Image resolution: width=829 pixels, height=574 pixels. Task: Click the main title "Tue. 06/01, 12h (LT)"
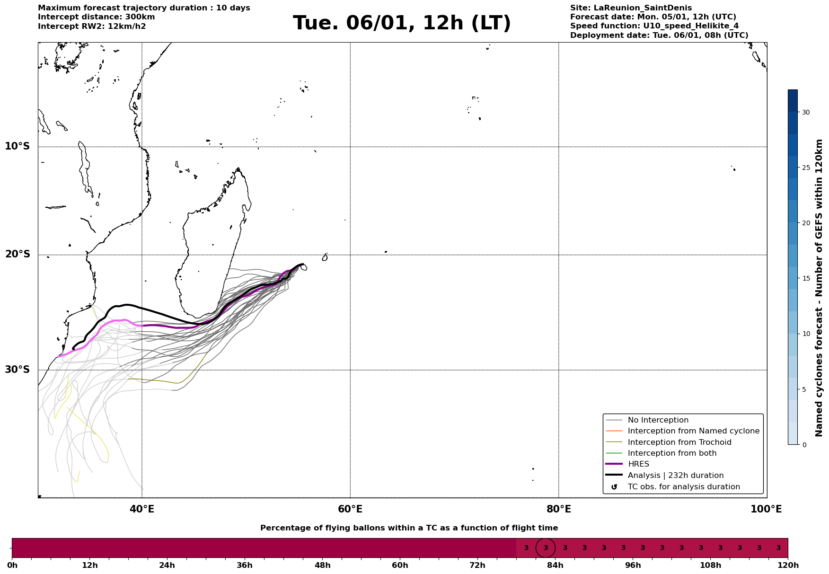[402, 23]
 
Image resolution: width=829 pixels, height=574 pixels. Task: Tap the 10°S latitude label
[18, 146]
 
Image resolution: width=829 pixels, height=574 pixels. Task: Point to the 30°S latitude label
[18, 370]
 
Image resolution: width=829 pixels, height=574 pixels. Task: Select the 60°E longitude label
[350, 509]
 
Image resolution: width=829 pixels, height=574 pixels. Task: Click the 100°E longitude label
[766, 509]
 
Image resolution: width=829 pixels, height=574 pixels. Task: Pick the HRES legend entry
[638, 464]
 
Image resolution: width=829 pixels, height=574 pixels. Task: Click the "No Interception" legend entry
[658, 420]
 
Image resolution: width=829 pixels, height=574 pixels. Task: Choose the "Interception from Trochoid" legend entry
[679, 442]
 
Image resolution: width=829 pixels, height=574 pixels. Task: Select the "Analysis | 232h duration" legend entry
[675, 476]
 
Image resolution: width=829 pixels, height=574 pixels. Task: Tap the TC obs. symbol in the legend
[614, 487]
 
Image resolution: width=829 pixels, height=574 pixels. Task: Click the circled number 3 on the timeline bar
[546, 548]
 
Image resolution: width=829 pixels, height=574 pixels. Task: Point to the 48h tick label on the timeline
[322, 565]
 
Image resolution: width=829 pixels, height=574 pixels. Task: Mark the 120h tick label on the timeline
[787, 565]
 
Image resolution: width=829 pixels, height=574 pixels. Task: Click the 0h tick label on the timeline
[12, 565]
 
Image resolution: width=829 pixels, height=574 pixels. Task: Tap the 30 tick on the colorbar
[805, 112]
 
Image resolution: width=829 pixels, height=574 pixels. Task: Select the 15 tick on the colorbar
[805, 278]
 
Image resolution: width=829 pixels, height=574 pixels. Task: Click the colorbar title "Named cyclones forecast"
[820, 288]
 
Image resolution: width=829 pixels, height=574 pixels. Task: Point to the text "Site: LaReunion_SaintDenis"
[631, 8]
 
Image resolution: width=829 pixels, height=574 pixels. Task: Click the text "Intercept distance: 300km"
[96, 17]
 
